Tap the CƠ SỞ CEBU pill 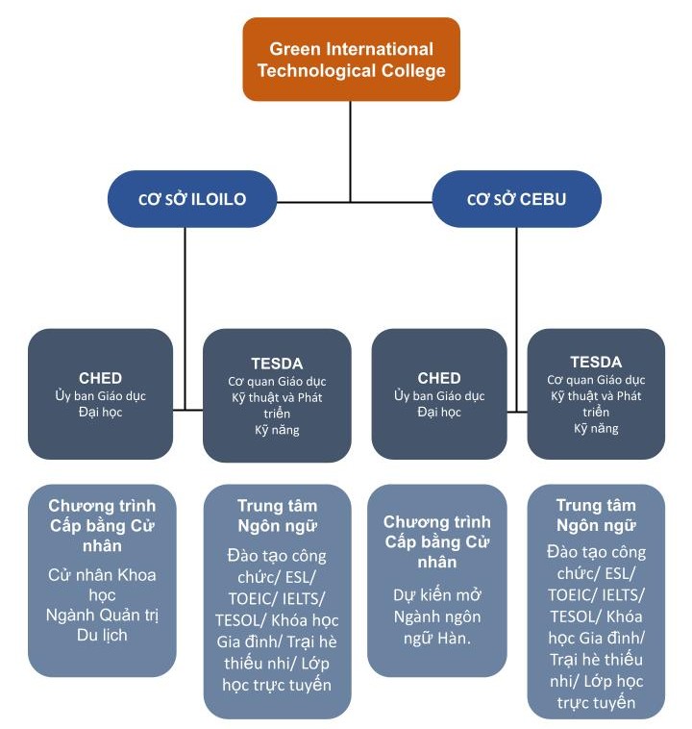tap(516, 200)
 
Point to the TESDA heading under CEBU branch tap(596, 363)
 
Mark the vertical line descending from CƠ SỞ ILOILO tap(185, 279)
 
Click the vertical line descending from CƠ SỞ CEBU tap(516, 279)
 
